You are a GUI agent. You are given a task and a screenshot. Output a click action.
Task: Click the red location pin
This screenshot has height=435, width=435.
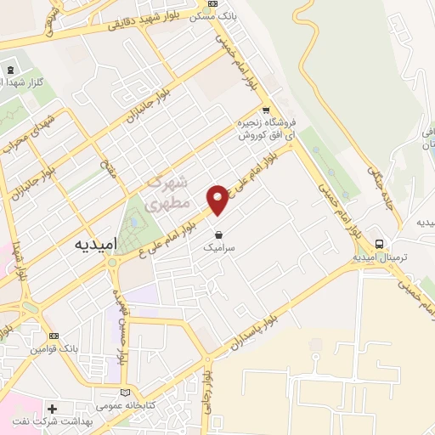(218, 200)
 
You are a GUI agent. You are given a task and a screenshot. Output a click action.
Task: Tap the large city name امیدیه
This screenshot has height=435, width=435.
(88, 242)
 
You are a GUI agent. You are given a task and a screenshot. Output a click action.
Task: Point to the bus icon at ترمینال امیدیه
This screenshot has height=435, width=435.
(380, 243)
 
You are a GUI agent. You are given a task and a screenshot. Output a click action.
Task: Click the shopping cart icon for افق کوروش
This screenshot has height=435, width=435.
(266, 110)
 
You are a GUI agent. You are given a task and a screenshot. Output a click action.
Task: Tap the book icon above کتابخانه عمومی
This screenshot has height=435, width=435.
(125, 392)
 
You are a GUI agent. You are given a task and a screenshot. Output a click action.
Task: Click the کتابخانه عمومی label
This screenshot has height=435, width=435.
(124, 406)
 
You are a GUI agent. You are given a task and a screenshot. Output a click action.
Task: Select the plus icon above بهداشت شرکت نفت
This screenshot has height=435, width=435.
(53, 409)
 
